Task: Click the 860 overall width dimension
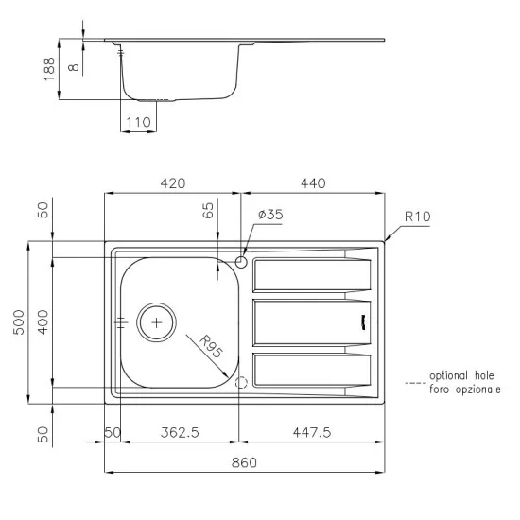coord(244,463)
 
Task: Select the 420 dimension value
coord(170,183)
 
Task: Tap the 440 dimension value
coord(312,183)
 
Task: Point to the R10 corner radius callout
coord(417,217)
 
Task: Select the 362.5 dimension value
coord(180,432)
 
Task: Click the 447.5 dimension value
coord(310,432)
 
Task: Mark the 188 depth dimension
coord(50,68)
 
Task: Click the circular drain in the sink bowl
coord(158,321)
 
